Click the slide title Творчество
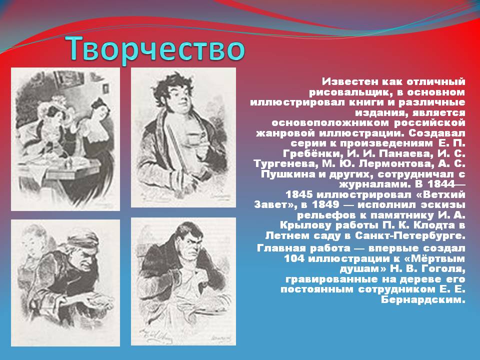[156, 49]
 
